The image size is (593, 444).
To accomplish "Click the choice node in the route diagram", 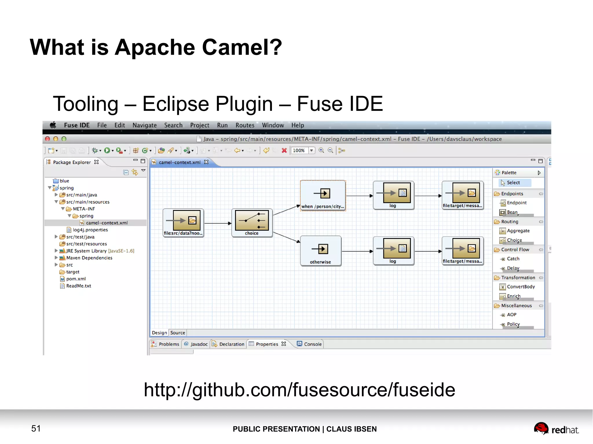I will [x=252, y=223].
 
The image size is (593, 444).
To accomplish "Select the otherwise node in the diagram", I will [x=321, y=251].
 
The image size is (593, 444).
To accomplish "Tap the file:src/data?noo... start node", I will [x=183, y=223].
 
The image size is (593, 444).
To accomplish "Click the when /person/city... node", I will [x=323, y=196].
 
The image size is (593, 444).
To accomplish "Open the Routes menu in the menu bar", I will [x=245, y=125].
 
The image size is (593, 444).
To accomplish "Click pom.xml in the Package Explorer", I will [x=76, y=279].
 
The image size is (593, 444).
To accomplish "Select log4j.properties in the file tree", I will [x=90, y=230].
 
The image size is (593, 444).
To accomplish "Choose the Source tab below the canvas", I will [x=177, y=333].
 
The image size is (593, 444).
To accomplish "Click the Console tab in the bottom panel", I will [x=312, y=344].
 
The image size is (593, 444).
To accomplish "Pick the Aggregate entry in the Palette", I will [x=518, y=231].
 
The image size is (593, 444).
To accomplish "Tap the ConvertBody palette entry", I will [x=521, y=287].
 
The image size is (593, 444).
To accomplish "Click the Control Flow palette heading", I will [x=515, y=250].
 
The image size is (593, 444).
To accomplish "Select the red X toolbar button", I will [x=284, y=150].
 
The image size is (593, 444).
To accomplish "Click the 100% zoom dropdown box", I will [x=303, y=150].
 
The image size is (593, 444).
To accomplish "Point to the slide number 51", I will [x=36, y=428].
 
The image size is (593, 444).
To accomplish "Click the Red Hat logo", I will [x=556, y=429].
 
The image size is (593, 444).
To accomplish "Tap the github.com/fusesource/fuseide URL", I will [x=299, y=390].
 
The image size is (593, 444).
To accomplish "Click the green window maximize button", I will [x=64, y=139].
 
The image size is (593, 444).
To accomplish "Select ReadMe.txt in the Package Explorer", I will [x=78, y=286].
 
